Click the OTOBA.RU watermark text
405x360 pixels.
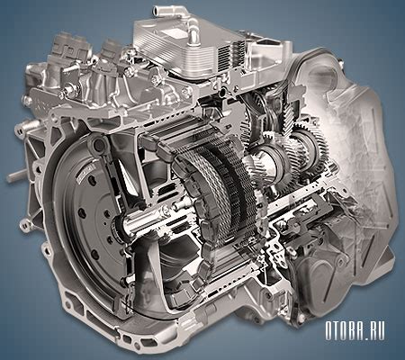(x=355, y=331)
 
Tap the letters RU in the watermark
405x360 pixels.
(x=375, y=331)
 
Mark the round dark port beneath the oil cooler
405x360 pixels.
(x=222, y=93)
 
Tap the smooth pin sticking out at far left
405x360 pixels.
(x=16, y=175)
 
